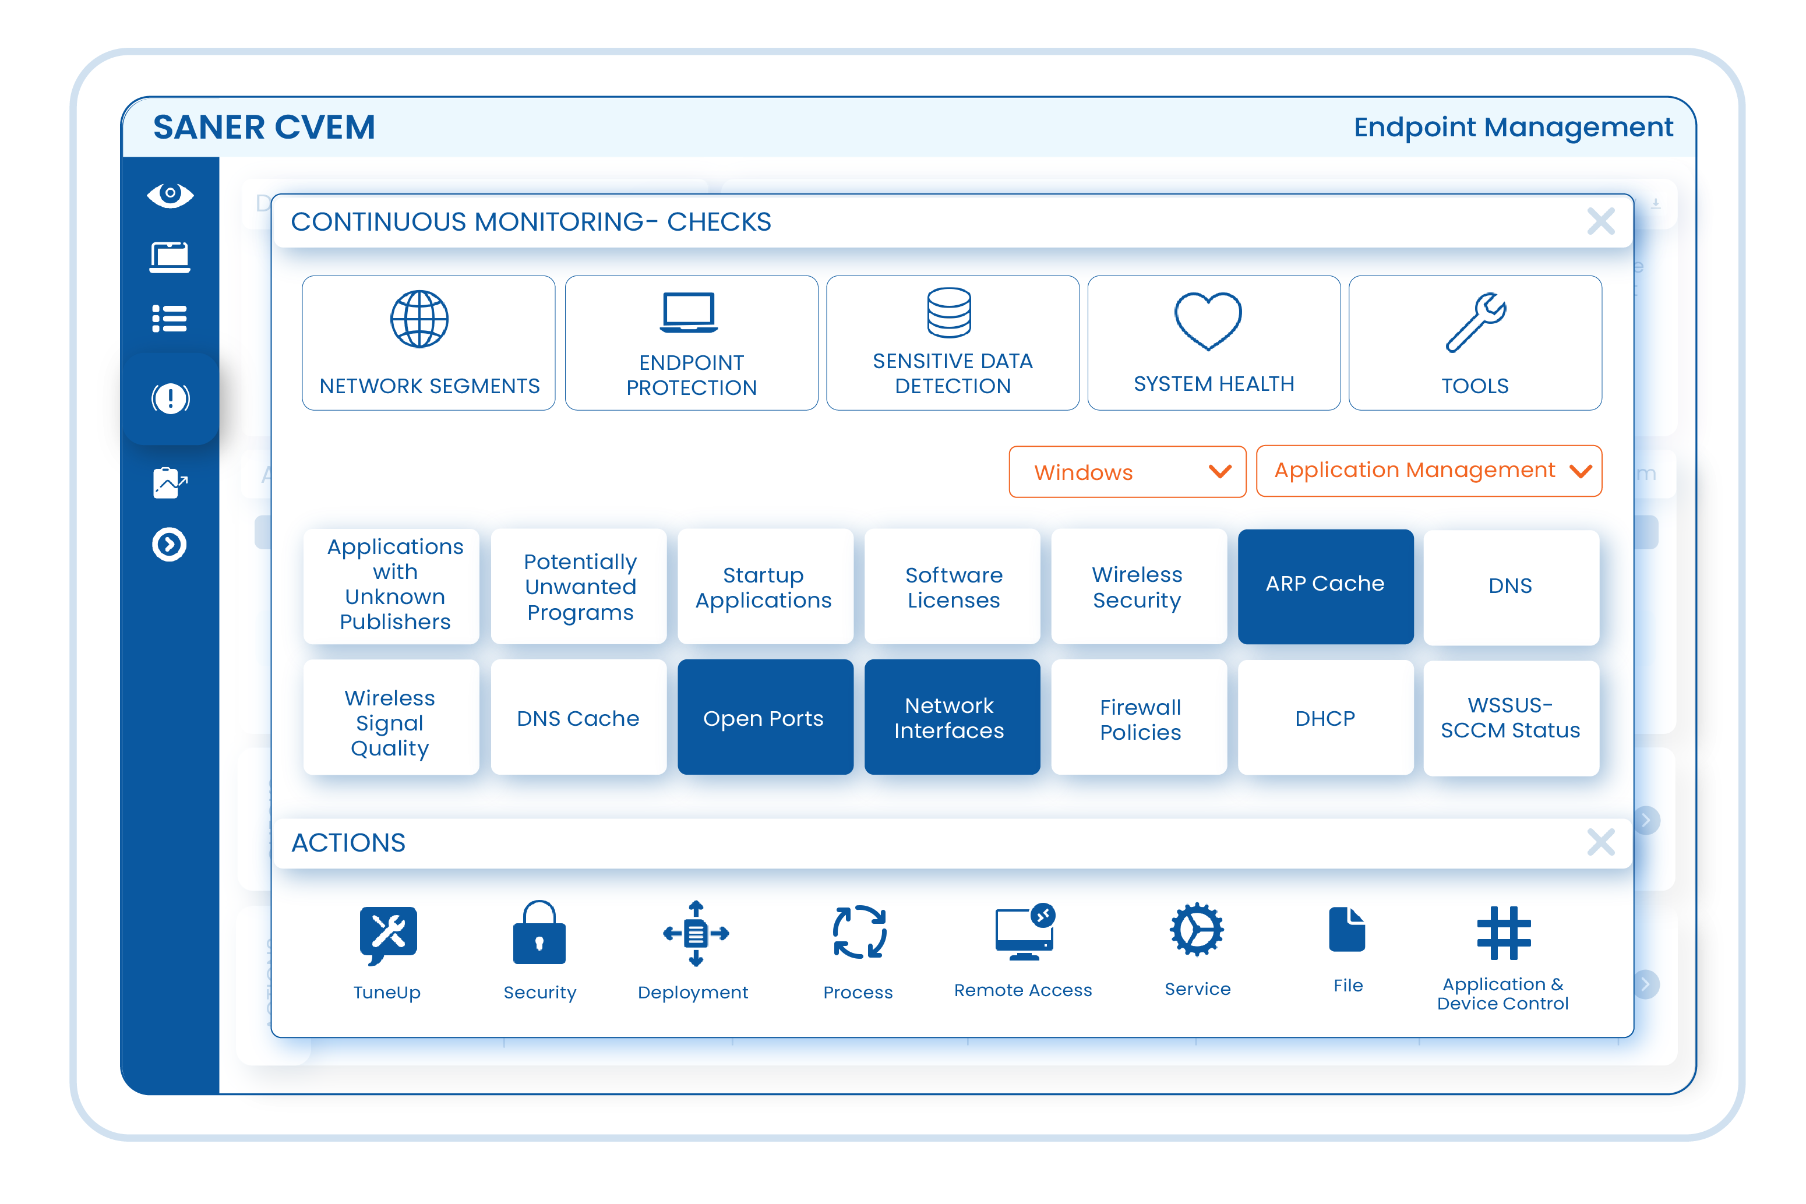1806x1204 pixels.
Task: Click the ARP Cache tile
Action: click(x=1325, y=585)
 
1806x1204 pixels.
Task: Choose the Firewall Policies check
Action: click(x=1140, y=719)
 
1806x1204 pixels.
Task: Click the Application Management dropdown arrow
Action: click(x=1580, y=471)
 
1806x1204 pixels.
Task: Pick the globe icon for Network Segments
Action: click(x=419, y=319)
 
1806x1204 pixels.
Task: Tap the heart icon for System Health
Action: click(x=1207, y=319)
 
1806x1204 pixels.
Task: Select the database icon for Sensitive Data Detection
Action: click(x=949, y=313)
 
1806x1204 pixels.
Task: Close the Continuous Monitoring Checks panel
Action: click(x=1600, y=222)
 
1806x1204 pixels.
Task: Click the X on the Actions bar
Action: click(x=1600, y=842)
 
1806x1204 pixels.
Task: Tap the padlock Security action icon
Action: click(x=539, y=933)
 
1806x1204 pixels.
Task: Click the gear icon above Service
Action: click(x=1196, y=930)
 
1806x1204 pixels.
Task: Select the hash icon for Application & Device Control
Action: click(x=1504, y=933)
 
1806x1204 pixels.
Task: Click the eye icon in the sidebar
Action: click(x=170, y=195)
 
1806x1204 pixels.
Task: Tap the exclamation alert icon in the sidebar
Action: click(x=170, y=398)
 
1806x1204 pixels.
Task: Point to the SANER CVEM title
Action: click(x=264, y=128)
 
